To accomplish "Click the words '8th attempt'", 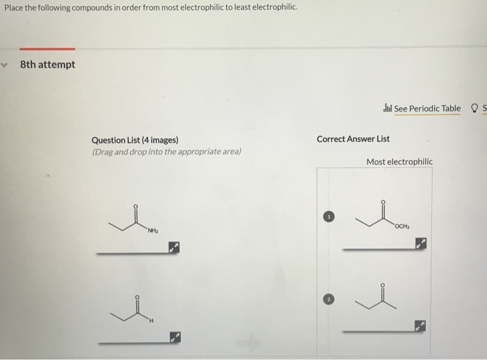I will coord(47,65).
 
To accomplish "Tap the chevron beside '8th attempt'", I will coord(6,64).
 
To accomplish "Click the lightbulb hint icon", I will coord(474,108).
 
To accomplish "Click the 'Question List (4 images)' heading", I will coord(135,140).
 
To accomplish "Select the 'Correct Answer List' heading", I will coord(353,139).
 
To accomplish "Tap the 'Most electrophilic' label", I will coord(399,162).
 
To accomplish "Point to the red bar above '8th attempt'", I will coord(47,49).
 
